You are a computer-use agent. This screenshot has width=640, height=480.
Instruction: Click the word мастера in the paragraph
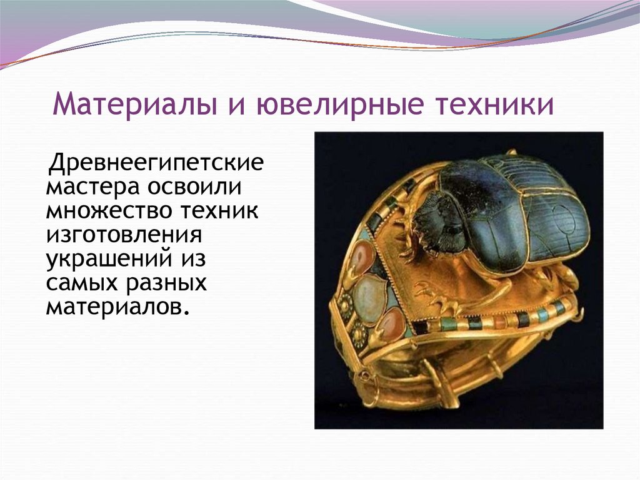click(93, 188)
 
